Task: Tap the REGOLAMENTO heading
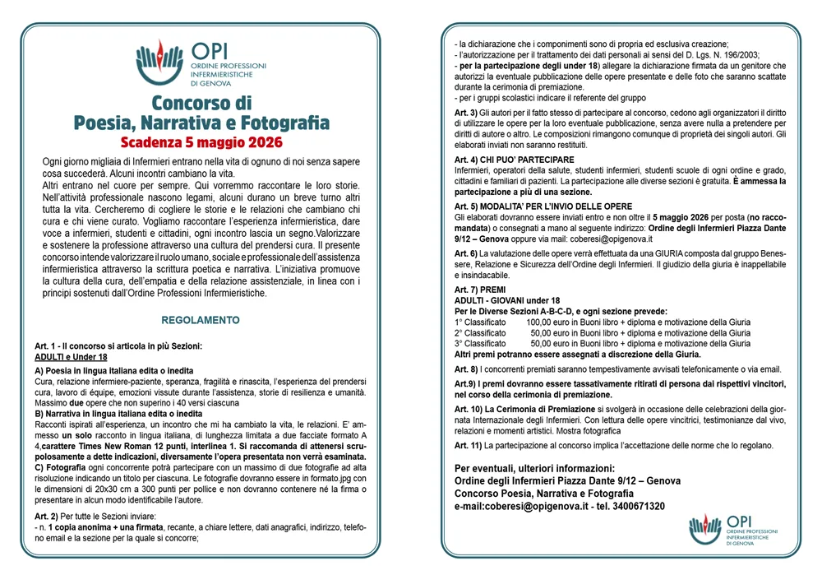click(201, 320)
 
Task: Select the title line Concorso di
click(201, 104)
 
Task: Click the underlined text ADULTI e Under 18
click(71, 357)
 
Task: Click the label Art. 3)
click(466, 111)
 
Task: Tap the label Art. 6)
click(466, 253)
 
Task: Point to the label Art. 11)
click(468, 445)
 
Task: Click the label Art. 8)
click(466, 369)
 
